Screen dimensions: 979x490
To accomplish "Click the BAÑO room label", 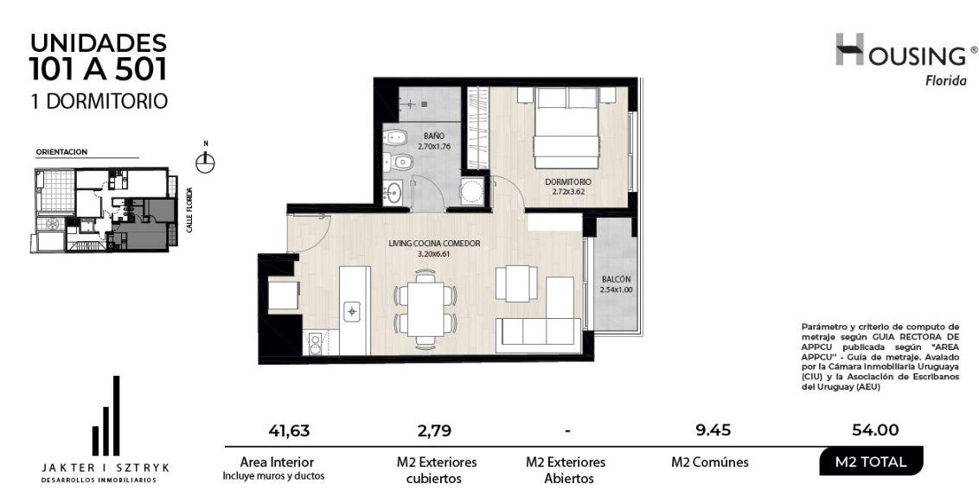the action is (x=434, y=136).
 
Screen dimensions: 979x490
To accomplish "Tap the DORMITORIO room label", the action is (x=567, y=182).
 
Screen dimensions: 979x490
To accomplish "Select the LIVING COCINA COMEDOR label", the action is (x=434, y=244).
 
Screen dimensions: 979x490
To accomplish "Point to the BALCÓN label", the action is (x=616, y=280).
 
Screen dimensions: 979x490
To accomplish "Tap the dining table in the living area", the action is (x=426, y=309).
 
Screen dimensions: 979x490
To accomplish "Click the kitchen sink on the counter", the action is (x=352, y=310).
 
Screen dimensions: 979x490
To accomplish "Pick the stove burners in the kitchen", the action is (x=315, y=343).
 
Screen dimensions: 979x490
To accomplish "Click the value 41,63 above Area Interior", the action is (x=289, y=430).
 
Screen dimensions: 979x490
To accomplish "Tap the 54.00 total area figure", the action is (x=875, y=430).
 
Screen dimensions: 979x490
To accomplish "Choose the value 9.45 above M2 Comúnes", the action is (x=713, y=430).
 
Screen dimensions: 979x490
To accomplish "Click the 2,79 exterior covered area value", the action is (x=434, y=430).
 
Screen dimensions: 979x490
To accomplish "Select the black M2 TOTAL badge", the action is (x=870, y=462).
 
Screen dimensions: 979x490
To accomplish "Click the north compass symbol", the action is (x=205, y=163).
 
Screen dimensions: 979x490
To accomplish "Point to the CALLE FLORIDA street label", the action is (x=189, y=210).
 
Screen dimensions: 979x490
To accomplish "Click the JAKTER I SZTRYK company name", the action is (x=105, y=468).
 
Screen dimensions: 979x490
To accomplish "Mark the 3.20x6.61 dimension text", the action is (x=434, y=254).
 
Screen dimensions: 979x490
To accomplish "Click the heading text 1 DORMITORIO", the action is (x=99, y=101).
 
